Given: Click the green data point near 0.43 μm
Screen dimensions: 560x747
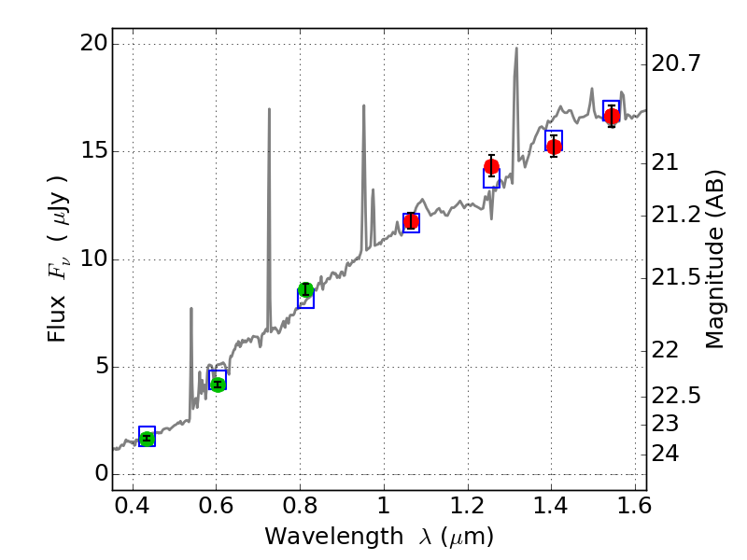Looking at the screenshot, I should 147,438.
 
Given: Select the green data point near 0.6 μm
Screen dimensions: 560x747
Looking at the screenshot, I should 218,385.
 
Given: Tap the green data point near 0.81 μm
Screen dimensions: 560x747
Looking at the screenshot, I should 305,289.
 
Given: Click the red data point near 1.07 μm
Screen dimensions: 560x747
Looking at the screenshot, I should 411,221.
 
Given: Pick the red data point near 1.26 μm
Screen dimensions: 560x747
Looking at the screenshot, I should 491,167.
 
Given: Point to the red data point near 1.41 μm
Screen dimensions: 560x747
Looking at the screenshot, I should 554,147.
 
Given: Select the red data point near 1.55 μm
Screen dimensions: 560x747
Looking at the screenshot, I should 612,117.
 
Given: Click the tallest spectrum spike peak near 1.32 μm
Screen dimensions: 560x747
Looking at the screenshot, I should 515,49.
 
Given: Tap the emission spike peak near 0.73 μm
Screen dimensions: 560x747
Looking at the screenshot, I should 270,109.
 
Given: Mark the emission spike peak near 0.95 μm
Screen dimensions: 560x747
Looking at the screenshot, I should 364,105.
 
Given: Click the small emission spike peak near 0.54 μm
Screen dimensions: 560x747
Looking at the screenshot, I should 191,308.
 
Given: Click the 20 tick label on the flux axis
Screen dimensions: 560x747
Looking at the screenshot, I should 93,44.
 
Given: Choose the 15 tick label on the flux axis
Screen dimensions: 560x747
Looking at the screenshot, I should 93,151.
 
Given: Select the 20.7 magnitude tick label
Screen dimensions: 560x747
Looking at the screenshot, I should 675,64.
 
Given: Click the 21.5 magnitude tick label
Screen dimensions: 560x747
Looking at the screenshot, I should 675,277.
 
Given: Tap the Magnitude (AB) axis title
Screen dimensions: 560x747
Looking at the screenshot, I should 715,259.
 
